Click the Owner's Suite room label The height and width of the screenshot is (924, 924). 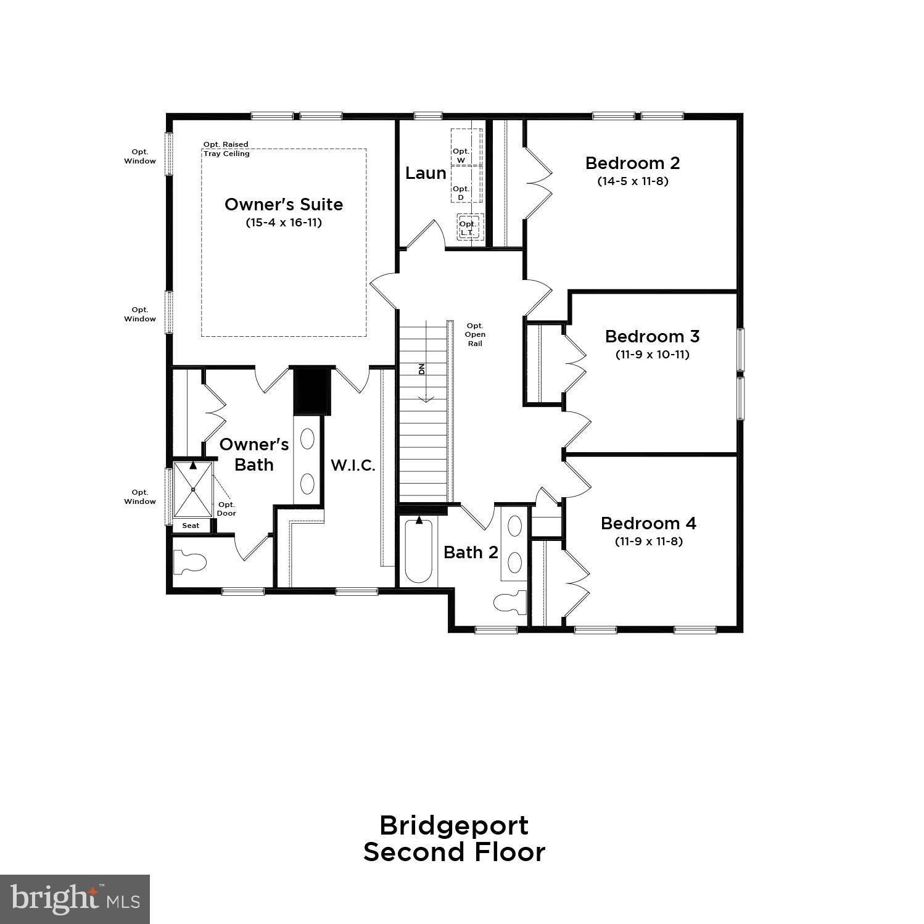(283, 204)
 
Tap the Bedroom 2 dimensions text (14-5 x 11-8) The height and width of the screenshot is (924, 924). (632, 181)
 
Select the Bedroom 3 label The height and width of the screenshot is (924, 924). (652, 336)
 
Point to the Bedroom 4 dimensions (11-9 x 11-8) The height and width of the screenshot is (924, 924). (648, 542)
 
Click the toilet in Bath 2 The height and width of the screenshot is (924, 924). (511, 602)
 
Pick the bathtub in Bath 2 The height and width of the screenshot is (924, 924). (419, 550)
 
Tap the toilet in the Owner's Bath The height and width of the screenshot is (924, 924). (190, 562)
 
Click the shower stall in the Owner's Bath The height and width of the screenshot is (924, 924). (193, 490)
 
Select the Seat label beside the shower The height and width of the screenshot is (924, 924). (191, 526)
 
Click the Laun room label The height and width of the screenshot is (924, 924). (426, 173)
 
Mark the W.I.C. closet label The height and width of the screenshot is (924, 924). (353, 465)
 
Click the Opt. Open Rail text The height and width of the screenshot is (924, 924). (475, 334)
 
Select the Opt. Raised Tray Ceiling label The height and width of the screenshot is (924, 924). (226, 149)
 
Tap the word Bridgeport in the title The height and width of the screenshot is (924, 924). (453, 825)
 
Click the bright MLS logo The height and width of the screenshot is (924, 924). (75, 899)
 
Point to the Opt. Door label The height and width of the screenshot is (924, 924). (226, 509)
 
